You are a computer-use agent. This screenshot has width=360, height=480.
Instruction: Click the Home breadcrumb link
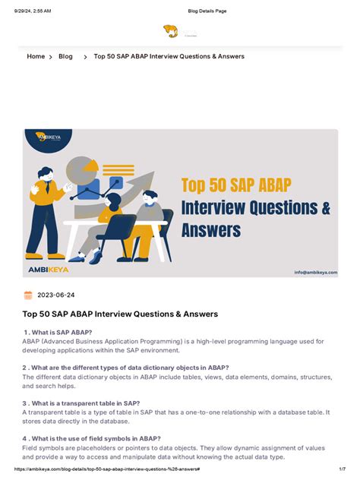[x=36, y=56]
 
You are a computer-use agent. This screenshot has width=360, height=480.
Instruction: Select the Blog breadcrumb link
[x=65, y=56]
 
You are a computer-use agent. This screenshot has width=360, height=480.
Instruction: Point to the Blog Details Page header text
[x=207, y=11]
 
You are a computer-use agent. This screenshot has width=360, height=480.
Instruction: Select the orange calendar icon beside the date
[x=28, y=295]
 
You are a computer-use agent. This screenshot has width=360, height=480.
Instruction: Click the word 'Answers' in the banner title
[x=211, y=229]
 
